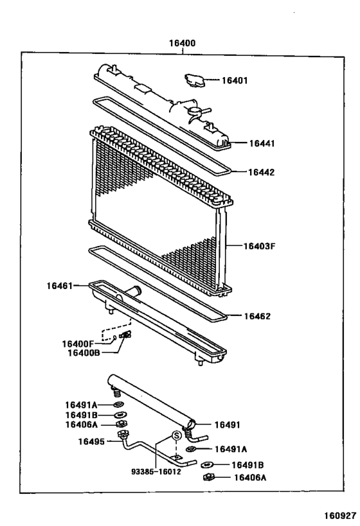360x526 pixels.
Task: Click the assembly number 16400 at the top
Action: point(182,43)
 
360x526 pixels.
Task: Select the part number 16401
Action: point(235,80)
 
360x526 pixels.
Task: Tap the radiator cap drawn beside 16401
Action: point(194,82)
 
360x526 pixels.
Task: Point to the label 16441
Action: point(261,143)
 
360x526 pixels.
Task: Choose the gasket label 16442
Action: point(261,171)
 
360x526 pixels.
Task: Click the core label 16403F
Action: point(259,245)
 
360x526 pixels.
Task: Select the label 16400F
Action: point(78,344)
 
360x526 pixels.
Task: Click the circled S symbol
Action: point(175,436)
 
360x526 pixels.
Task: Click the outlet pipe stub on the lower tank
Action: point(136,292)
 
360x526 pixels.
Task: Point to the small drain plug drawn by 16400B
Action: point(126,335)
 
